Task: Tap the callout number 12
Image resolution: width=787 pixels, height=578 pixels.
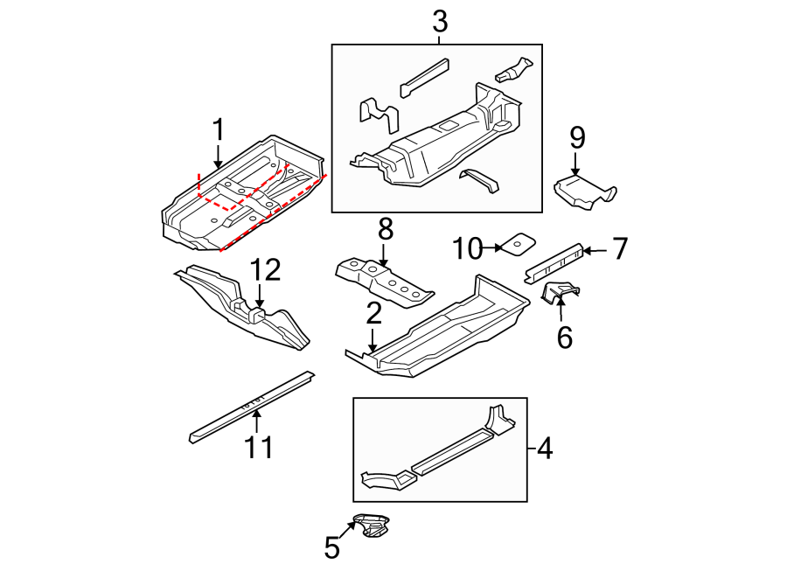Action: coord(266,270)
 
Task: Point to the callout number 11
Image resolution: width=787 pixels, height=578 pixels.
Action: coord(259,447)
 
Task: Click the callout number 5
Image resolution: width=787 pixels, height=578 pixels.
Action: coord(331,547)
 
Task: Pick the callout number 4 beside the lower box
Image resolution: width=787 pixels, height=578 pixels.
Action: coord(544,449)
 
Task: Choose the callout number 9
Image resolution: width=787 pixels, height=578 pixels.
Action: coord(576,137)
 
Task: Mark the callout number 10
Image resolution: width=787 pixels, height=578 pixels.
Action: coord(468,249)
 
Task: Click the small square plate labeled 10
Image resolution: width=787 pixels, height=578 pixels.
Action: coord(519,243)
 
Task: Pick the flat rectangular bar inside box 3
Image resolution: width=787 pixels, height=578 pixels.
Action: coord(424,77)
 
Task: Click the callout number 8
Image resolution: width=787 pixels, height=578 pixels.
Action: coord(385,229)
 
